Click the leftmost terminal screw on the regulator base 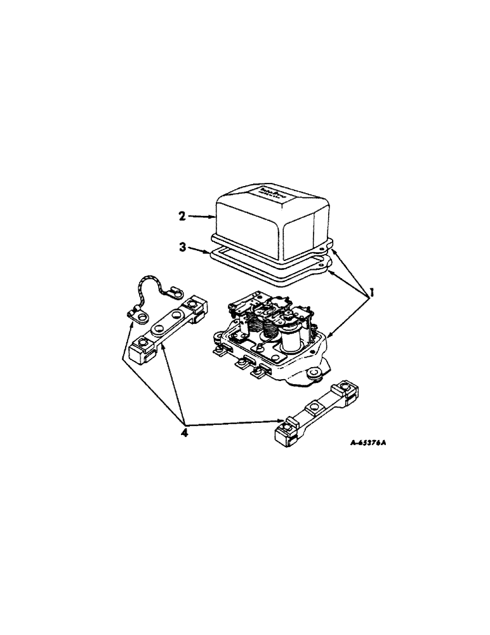[x=219, y=349]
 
